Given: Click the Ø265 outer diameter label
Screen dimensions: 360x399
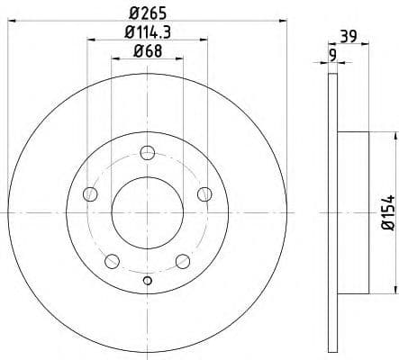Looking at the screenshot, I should [147, 12].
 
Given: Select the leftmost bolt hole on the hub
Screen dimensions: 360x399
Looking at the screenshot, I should [89, 193].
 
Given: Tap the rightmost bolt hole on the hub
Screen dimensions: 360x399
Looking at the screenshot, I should [204, 193].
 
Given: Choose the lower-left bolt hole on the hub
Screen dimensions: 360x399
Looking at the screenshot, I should [112, 261].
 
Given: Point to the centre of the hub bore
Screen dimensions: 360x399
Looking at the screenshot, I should [147, 212].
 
